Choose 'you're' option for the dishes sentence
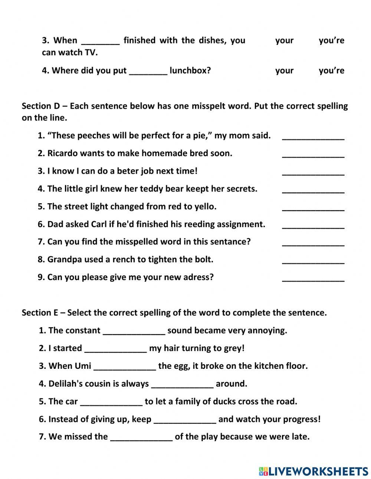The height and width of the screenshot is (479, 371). coord(331,40)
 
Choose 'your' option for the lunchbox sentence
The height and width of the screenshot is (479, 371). coord(284,70)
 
